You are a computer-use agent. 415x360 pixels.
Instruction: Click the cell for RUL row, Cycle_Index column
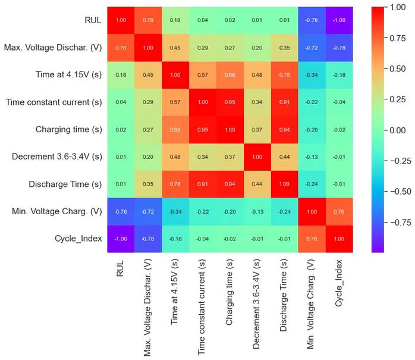coord(339,20)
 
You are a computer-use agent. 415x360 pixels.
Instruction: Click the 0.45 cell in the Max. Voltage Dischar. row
coord(175,48)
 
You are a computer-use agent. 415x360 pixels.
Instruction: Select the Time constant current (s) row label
coord(54,102)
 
